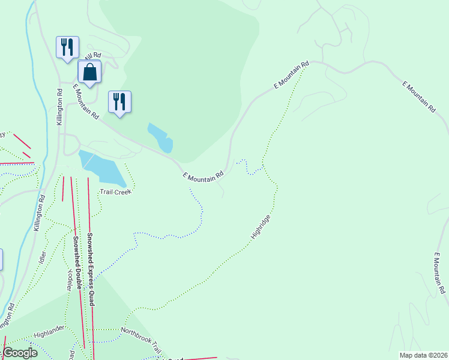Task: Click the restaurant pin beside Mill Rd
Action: click(x=67, y=47)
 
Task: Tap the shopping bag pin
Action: click(x=89, y=71)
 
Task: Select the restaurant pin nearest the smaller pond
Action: click(x=119, y=101)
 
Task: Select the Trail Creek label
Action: click(x=115, y=191)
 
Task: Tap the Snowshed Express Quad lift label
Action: click(x=91, y=269)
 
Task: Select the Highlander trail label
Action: click(x=48, y=334)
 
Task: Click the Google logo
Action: click(x=20, y=353)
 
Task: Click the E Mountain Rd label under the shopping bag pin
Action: click(x=86, y=101)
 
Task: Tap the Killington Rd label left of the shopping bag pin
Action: click(x=59, y=107)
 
